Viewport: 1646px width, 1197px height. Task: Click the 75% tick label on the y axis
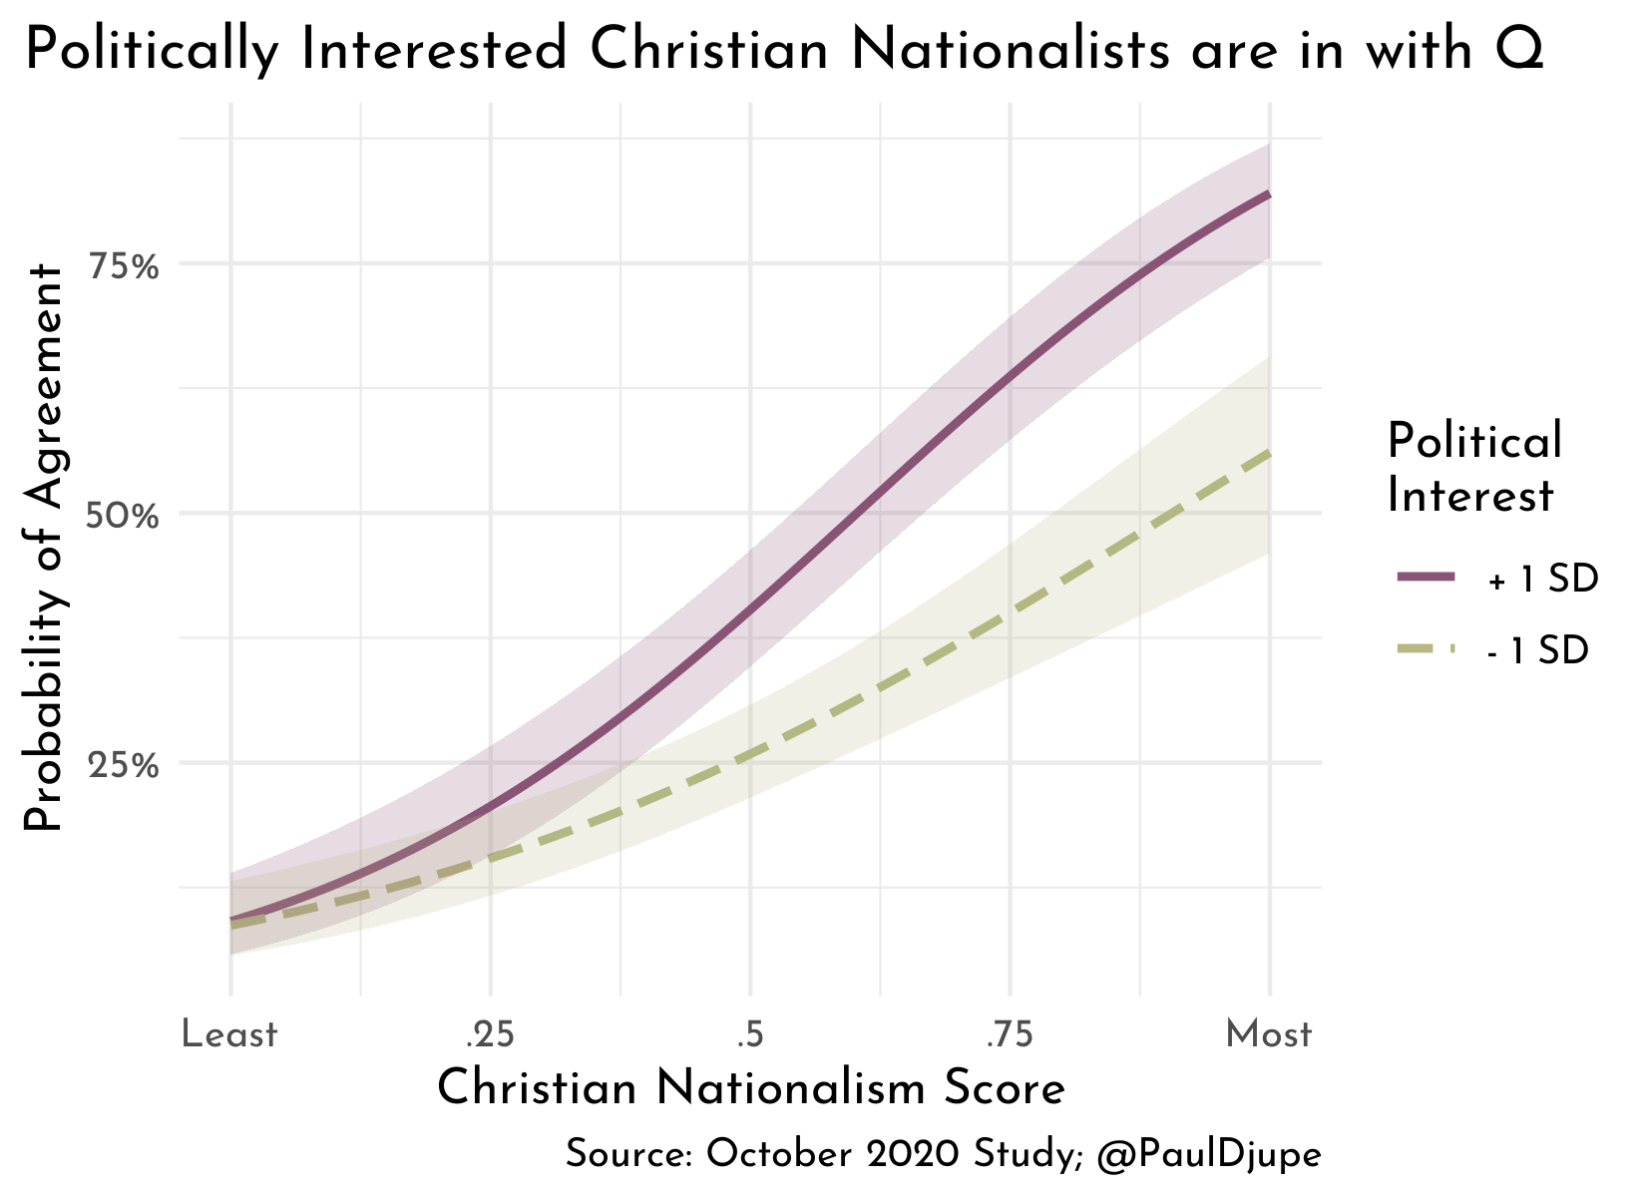[x=124, y=266]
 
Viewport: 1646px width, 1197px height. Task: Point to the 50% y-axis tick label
[x=124, y=517]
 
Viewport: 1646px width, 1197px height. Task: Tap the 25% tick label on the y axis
[x=124, y=766]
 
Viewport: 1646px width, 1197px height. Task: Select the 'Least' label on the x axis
[x=229, y=1035]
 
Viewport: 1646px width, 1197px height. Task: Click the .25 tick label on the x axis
[x=490, y=1035]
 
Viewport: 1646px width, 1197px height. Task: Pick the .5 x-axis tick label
[x=749, y=1035]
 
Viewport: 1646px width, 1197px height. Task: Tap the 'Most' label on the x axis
[x=1269, y=1035]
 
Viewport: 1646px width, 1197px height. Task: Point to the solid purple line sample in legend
[x=1427, y=578]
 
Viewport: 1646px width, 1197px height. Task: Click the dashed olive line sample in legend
[x=1427, y=649]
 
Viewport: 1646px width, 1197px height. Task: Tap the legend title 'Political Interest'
[x=1474, y=468]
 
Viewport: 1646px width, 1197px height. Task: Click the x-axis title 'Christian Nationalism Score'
[x=751, y=1088]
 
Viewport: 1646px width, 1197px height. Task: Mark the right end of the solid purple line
[x=1269, y=195]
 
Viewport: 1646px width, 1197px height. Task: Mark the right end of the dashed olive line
[x=1269, y=454]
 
